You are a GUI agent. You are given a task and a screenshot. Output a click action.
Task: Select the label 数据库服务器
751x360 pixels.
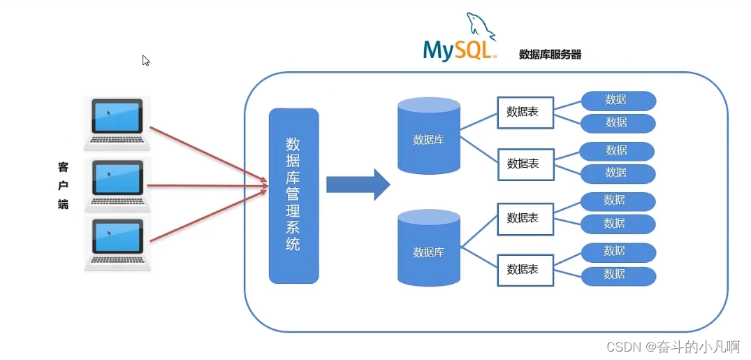(x=550, y=54)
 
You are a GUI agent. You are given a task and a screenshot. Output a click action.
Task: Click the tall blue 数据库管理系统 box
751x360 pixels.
(x=293, y=196)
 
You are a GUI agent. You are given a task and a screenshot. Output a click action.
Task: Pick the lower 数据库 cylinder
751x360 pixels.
(x=429, y=250)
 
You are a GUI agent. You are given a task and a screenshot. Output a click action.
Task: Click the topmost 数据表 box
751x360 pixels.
(x=525, y=112)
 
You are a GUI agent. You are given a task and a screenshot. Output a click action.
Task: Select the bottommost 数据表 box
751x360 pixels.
(x=525, y=269)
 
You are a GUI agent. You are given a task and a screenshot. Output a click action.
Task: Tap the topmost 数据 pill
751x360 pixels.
(x=618, y=101)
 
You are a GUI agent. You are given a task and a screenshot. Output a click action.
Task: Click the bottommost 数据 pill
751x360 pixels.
(x=618, y=275)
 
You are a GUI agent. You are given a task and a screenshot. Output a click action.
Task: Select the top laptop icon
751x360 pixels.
(x=117, y=124)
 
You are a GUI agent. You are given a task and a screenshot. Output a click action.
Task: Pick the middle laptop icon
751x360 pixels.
(x=117, y=185)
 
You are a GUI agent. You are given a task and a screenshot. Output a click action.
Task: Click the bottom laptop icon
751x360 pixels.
(x=117, y=244)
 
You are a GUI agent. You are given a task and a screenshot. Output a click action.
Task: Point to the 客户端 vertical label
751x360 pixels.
(x=64, y=186)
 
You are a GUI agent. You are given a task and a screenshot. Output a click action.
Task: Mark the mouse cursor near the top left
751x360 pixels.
(x=145, y=60)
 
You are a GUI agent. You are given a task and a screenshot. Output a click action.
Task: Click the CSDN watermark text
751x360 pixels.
(x=673, y=346)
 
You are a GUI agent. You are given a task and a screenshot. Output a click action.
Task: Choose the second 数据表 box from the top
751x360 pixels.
(x=525, y=164)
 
